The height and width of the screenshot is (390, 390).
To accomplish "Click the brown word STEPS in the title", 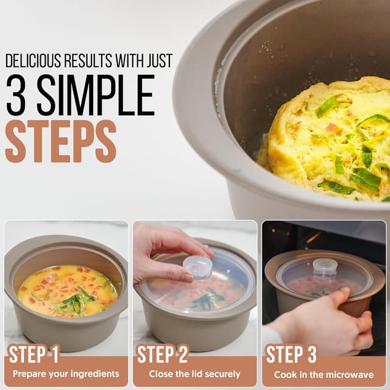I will tap(60, 141).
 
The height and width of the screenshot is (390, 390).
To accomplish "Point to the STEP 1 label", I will tap(34, 354).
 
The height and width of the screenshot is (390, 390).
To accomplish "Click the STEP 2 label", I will tap(164, 354).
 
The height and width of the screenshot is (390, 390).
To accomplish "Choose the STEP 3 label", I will tap(292, 354).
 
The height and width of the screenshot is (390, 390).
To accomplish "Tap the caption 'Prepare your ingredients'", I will tap(66, 374).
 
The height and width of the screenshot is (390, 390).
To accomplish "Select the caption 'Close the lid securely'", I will tap(195, 374).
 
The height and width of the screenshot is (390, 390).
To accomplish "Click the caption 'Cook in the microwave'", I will tap(324, 374).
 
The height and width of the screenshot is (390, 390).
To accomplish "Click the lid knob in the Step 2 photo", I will tap(197, 266).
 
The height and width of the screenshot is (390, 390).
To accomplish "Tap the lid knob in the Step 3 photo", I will tap(325, 266).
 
